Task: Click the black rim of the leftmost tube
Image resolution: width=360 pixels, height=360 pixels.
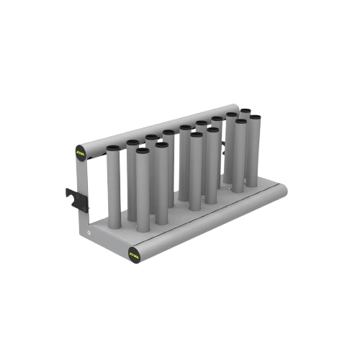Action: (x=113, y=148)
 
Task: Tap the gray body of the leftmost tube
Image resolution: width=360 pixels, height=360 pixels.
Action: (x=113, y=187)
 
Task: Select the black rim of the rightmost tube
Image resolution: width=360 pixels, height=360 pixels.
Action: (x=255, y=117)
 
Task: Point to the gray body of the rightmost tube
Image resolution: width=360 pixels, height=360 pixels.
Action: (x=253, y=151)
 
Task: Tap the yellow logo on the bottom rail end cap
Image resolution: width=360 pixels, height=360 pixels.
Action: (x=133, y=253)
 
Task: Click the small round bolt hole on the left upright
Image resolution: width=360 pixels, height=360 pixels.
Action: (x=89, y=234)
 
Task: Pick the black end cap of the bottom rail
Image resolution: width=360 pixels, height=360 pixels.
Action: (x=133, y=253)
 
